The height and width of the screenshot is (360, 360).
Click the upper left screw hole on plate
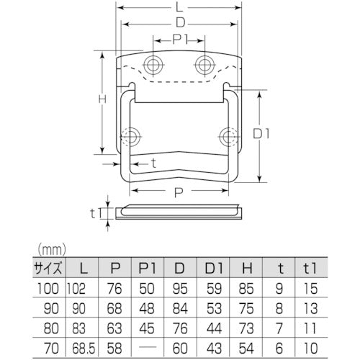point(153,65)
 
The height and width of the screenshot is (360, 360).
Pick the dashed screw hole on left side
point(130,136)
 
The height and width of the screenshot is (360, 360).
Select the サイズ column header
point(48,269)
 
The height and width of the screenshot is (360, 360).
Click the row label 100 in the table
point(48,290)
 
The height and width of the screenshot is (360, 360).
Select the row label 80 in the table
point(48,328)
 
